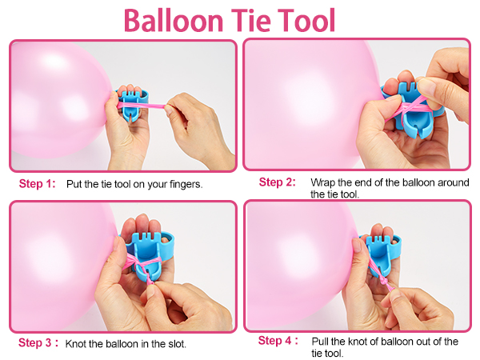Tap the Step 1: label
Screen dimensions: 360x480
pyautogui.click(x=37, y=184)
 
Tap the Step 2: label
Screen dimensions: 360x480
pyautogui.click(x=277, y=182)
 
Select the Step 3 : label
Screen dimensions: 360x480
pyautogui.click(x=38, y=343)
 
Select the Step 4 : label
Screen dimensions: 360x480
pyautogui.click(x=278, y=341)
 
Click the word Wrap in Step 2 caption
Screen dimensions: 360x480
pyautogui.click(x=322, y=182)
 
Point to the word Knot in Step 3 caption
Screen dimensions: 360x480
pyautogui.click(x=78, y=344)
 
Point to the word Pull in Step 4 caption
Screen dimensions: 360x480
pyautogui.click(x=318, y=342)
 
